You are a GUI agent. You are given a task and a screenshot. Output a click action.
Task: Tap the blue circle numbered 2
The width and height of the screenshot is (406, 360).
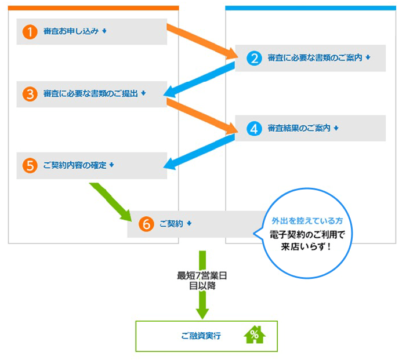click(254, 58)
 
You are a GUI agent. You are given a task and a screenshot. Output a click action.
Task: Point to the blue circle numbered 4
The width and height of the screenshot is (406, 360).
click(254, 128)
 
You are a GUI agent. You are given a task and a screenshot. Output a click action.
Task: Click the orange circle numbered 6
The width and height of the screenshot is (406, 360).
click(146, 223)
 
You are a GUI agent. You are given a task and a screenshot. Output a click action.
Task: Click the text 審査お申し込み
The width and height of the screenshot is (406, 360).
click(71, 31)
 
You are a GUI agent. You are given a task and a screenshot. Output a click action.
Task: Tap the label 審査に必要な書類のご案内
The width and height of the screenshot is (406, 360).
click(315, 58)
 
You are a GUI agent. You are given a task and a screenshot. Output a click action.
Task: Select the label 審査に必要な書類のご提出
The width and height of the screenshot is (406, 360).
click(90, 93)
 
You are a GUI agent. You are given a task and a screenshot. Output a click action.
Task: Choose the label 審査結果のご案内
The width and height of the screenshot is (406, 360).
click(299, 128)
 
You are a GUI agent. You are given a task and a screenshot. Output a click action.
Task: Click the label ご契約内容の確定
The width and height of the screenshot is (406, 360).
click(75, 165)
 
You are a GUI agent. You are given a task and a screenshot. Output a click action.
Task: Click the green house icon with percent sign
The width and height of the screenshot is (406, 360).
click(253, 336)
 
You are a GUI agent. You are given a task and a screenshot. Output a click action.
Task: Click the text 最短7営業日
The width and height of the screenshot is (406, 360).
click(202, 276)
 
